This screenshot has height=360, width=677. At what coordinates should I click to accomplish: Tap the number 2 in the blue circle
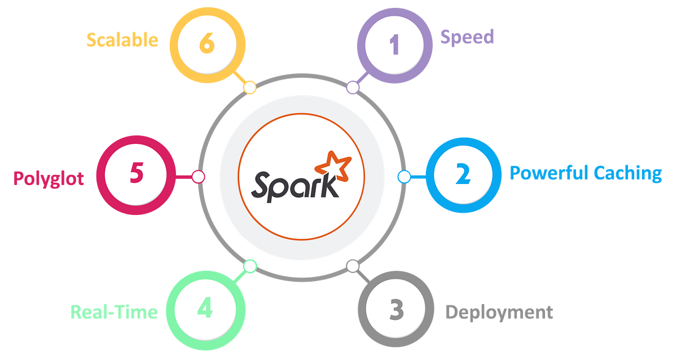point(463,175)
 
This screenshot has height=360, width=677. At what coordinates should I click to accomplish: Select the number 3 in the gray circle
point(396,309)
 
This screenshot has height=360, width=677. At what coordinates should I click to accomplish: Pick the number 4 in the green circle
point(205,309)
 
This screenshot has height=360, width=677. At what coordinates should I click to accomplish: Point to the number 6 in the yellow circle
point(208,44)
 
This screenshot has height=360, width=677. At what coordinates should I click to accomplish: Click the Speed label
point(467,37)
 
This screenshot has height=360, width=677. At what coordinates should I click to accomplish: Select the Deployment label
point(499,312)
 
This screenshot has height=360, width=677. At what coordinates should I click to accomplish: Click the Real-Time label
point(114,312)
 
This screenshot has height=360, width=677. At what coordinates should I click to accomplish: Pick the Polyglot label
point(49,178)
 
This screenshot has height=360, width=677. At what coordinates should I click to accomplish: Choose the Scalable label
point(122,39)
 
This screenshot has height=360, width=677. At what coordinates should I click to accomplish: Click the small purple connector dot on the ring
point(353,87)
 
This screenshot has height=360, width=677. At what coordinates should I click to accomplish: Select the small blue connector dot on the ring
point(404,177)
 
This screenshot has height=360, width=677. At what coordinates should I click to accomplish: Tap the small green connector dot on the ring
point(249,265)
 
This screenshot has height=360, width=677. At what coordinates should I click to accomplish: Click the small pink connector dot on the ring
point(198,177)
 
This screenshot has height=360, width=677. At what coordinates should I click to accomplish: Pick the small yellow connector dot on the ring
point(249,87)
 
